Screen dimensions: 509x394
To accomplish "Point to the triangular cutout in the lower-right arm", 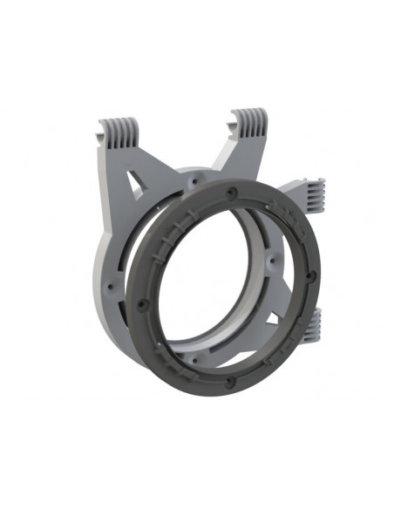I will pyautogui.click(x=288, y=311).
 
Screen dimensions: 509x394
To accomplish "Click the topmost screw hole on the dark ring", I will pyautogui.click(x=231, y=189).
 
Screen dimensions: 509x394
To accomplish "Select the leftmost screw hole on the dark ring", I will pyautogui.click(x=142, y=304).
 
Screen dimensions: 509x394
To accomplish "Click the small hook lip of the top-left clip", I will pyautogui.click(x=99, y=139).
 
